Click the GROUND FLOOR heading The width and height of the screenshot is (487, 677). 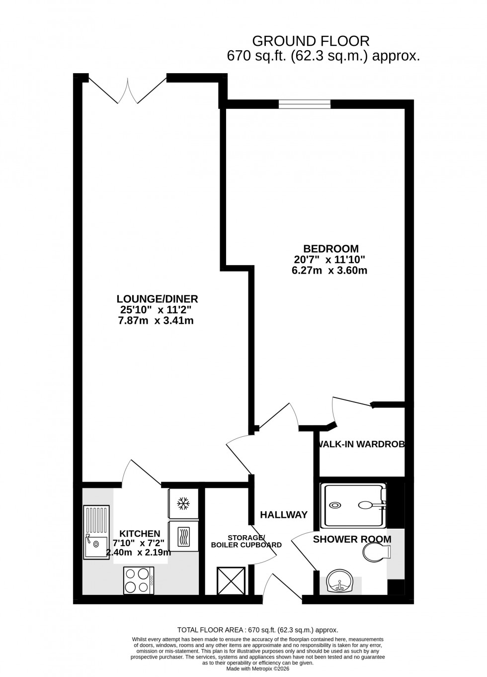coord(311,41)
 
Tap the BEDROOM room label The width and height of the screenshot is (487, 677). coord(331,248)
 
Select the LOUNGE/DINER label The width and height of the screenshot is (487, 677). coord(157,299)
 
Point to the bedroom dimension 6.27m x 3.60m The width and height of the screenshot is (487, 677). coord(329,271)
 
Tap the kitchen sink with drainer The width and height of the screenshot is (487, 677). coord(96,531)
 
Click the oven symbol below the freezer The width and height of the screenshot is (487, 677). coord(183,535)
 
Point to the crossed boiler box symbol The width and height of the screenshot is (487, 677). coord(231,580)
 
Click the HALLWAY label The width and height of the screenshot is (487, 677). coord(284,515)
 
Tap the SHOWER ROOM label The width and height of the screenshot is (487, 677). coord(352,539)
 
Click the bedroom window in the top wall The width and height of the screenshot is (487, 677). coord(304,103)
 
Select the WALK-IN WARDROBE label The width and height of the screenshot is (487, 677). coord(361,444)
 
